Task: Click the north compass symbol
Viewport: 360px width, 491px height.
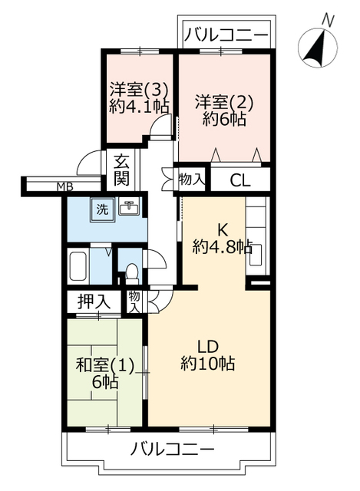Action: click(317, 48)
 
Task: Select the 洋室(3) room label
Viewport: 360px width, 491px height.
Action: click(140, 91)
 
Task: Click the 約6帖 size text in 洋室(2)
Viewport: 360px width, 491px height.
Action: click(223, 120)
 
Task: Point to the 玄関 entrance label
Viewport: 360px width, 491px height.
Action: click(121, 170)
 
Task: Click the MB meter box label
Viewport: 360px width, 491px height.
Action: click(65, 187)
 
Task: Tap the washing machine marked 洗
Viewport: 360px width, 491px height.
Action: click(102, 209)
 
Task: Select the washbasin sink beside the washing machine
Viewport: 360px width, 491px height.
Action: click(130, 206)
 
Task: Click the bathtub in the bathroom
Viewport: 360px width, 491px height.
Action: click(78, 266)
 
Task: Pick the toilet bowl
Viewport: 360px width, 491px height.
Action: click(131, 271)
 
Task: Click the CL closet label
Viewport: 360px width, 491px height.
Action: click(240, 180)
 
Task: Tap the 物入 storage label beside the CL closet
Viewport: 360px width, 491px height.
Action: click(192, 180)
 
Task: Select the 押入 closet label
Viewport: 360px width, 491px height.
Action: click(94, 302)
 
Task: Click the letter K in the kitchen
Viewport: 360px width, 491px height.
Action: click(223, 231)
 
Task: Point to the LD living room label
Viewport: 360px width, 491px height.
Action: click(208, 346)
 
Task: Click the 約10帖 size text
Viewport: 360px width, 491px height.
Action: click(207, 363)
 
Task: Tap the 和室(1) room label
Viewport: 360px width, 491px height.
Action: click(105, 365)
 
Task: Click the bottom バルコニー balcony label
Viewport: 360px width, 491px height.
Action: click(172, 449)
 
